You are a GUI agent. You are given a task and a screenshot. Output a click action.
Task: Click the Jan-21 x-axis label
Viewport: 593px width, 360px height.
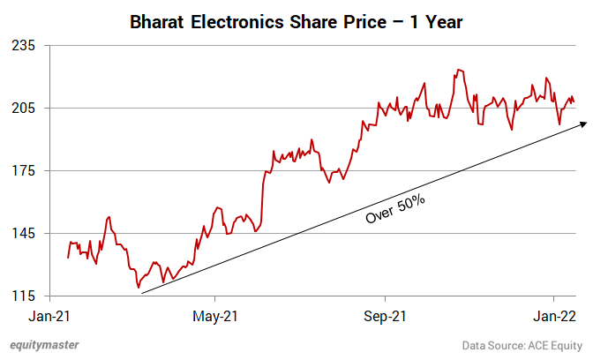click(49, 315)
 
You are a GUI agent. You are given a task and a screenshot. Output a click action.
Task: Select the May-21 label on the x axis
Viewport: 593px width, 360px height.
click(216, 315)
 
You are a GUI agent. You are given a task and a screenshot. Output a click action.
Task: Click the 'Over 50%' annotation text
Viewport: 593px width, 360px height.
click(396, 210)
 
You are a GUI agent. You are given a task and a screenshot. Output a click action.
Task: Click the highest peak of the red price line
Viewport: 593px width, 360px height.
click(457, 69)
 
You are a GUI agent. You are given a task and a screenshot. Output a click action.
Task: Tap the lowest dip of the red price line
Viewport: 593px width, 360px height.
click(139, 288)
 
